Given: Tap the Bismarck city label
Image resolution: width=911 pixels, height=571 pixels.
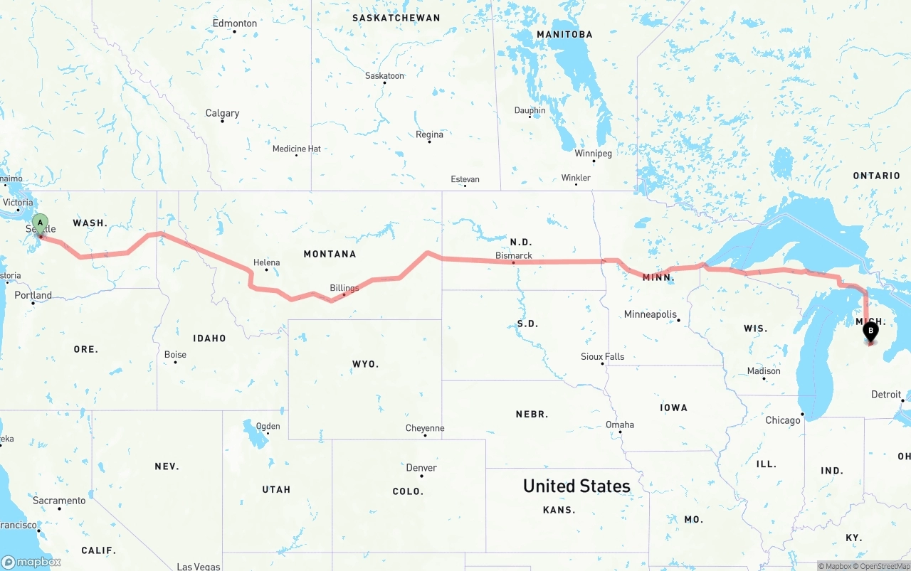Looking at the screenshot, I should pos(514,255).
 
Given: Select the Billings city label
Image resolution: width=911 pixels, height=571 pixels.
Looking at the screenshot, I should pos(344,288).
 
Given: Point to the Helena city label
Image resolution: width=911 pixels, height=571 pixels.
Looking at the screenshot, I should pos(267,262).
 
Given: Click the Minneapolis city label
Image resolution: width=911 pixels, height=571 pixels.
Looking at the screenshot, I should pos(650,314).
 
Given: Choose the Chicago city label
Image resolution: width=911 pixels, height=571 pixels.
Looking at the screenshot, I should pos(783,420).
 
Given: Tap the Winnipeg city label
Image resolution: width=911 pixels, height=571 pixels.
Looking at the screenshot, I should pos(594,153).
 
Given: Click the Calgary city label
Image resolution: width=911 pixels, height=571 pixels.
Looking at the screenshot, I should pos(222,113).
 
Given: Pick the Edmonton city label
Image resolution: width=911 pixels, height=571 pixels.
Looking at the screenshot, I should pos(235,23).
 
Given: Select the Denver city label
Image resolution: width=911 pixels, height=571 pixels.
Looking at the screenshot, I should pos(421,468).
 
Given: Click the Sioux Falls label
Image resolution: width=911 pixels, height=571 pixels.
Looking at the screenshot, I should pos(602,356).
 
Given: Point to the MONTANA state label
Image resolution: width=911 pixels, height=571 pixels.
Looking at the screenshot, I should pos(330,254).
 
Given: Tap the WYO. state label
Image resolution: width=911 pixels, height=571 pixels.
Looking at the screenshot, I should pos(366,364).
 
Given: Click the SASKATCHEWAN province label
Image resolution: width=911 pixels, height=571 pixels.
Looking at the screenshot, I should pos(396,18).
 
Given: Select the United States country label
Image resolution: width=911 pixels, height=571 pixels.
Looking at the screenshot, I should pos(576,486).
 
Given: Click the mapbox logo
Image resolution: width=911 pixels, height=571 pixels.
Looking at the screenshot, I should pos(31,562).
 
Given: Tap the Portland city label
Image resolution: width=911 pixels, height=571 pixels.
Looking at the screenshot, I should pos(33,295).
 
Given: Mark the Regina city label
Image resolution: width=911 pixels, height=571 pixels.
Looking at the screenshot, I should pos(429,134).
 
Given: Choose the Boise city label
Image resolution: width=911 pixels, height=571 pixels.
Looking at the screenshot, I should pos(175,354).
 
